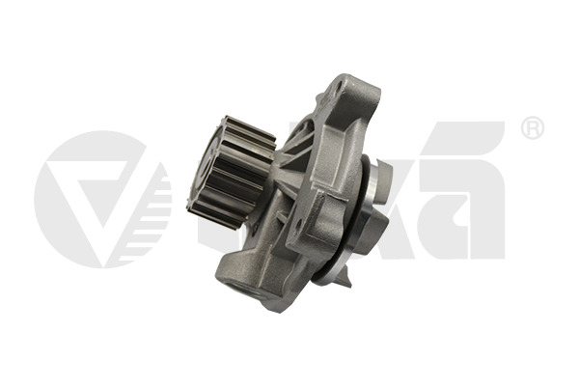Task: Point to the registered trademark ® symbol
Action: [x=532, y=129]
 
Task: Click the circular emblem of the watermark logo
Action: [x=101, y=199]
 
